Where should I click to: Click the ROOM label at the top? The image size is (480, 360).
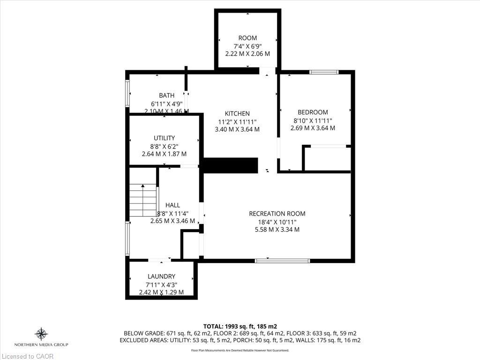pyautogui.click(x=247, y=38)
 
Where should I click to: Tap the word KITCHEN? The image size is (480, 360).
pyautogui.click(x=237, y=113)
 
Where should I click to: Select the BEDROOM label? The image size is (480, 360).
pyautogui.click(x=313, y=112)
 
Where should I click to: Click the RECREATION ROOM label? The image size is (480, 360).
pyautogui.click(x=277, y=214)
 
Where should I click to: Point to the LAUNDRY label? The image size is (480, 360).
pyautogui.click(x=161, y=277)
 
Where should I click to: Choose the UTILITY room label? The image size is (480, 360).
pyautogui.click(x=164, y=138)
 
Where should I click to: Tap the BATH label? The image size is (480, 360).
pyautogui.click(x=166, y=96)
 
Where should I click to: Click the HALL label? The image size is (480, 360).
pyautogui.click(x=172, y=205)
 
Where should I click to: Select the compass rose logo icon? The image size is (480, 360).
pyautogui.click(x=41, y=334)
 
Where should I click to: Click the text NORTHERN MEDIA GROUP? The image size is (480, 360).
pyautogui.click(x=41, y=345)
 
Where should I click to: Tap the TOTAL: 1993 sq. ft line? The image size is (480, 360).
pyautogui.click(x=240, y=326)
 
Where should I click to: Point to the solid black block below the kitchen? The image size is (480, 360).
pyautogui.click(x=231, y=165)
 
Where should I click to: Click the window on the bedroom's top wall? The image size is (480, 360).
pyautogui.click(x=324, y=72)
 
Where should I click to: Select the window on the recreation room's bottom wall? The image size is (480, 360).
pyautogui.click(x=282, y=260)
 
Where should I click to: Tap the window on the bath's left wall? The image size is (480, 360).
pyautogui.click(x=127, y=93)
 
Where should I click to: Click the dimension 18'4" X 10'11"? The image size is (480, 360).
pyautogui.click(x=277, y=222)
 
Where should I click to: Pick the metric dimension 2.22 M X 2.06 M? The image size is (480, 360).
pyautogui.click(x=247, y=54)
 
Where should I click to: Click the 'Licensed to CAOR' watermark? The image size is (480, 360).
pyautogui.click(x=27, y=356)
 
